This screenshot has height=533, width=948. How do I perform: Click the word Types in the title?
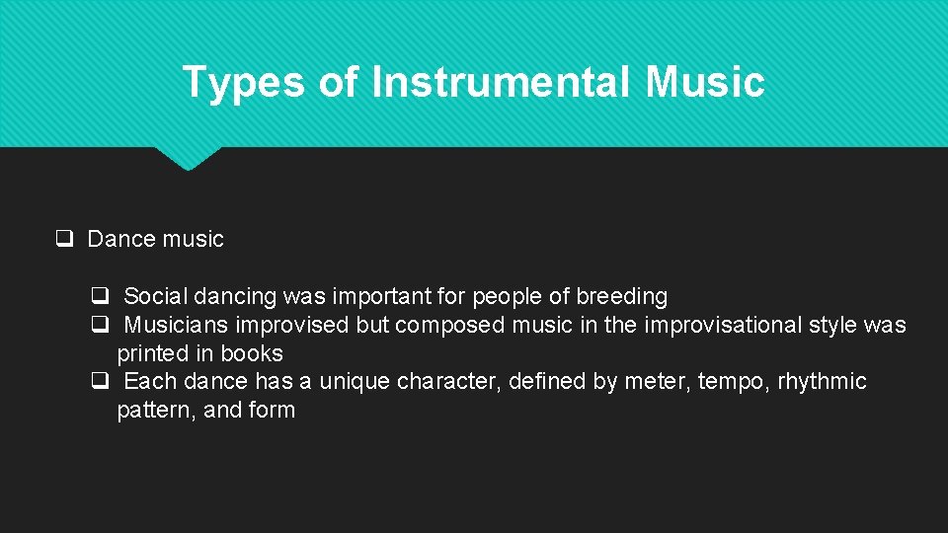(243, 82)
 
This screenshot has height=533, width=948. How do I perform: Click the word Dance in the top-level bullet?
(120, 239)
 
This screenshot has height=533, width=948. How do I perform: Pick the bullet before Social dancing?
(100, 295)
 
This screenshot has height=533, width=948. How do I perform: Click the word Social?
(155, 296)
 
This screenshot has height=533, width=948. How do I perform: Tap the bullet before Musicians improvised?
(100, 324)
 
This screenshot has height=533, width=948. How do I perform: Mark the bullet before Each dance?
(100, 380)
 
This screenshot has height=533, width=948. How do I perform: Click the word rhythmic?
(822, 381)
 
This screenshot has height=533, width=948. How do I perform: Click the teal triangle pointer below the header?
(188, 158)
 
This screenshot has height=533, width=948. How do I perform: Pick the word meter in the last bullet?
(654, 381)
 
